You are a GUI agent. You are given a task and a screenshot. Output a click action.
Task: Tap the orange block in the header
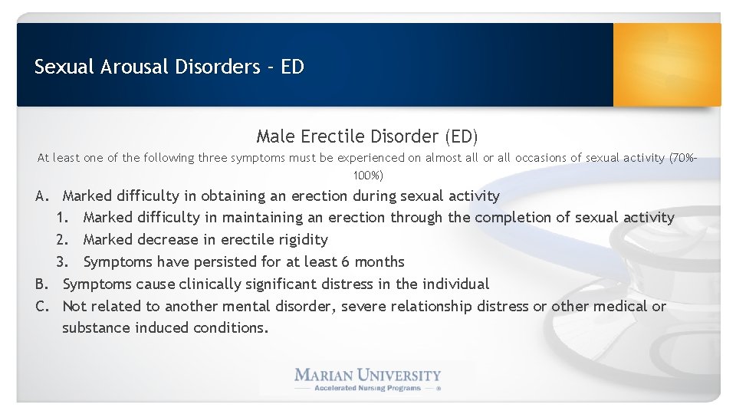[x=667, y=64]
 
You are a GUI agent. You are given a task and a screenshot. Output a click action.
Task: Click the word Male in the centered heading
[x=274, y=136]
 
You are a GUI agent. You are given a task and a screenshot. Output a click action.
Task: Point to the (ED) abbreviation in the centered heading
[x=461, y=136]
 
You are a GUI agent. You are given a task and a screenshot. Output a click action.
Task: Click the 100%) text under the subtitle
[x=368, y=176]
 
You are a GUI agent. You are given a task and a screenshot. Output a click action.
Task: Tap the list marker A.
[x=43, y=196]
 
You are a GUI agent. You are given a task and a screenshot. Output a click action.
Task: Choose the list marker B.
[x=43, y=284]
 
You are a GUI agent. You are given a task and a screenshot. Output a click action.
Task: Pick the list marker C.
[x=43, y=307]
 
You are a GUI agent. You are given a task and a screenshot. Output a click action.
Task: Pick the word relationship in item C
[x=432, y=307]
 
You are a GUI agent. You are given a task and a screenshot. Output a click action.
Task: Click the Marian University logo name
[x=368, y=375]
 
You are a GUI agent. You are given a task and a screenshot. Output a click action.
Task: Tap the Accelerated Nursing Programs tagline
[x=368, y=388]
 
